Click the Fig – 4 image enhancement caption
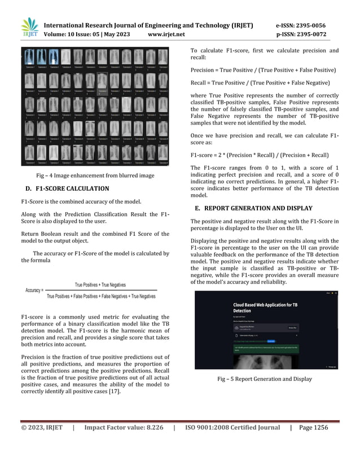pyautogui.click(x=95, y=175)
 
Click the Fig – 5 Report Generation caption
pyautogui.click(x=265, y=379)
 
